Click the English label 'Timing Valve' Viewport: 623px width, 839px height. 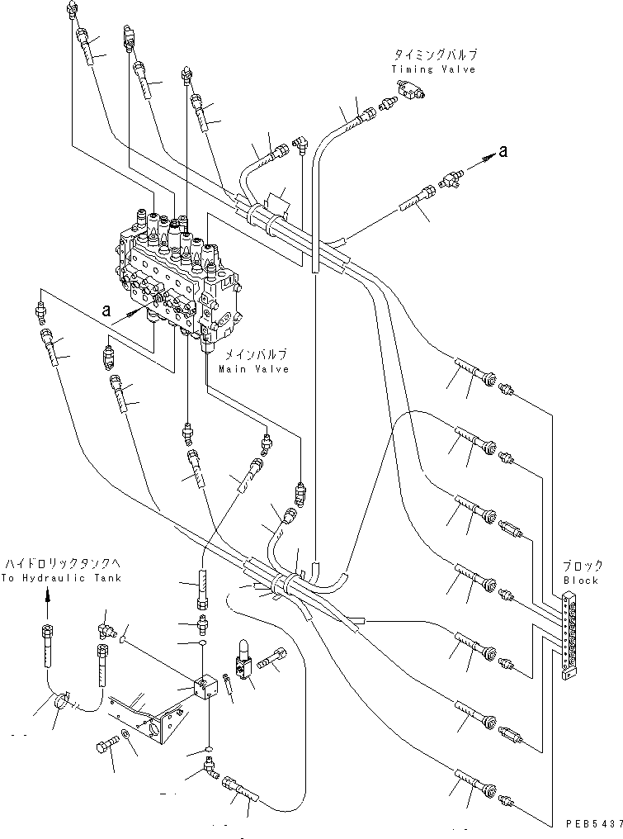(x=433, y=70)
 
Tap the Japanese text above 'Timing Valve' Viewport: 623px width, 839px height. (x=435, y=55)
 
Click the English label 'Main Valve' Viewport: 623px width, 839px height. (x=254, y=369)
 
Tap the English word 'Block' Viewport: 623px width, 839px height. (x=581, y=581)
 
